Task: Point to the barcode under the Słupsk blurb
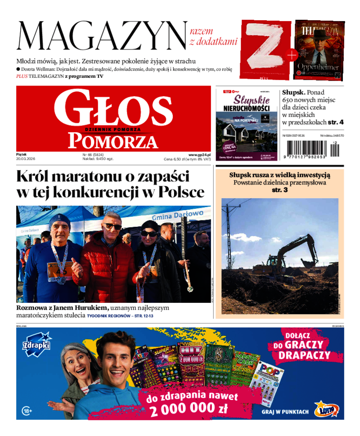click(x=310, y=148)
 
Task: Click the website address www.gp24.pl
click(x=200, y=154)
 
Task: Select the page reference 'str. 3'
click(x=279, y=190)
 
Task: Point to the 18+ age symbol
click(x=27, y=410)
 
